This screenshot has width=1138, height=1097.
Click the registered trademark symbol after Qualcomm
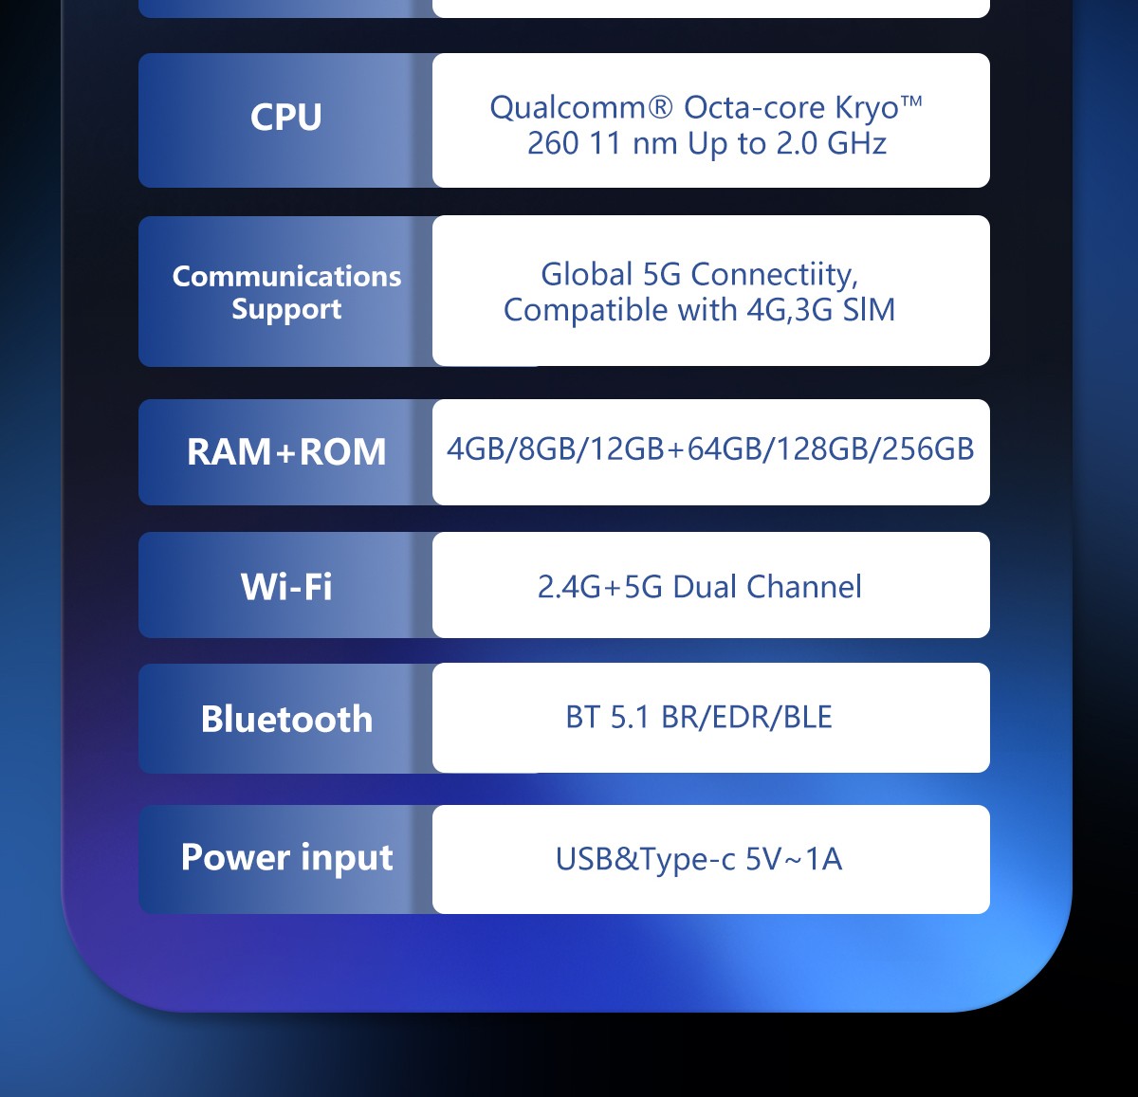click(x=660, y=107)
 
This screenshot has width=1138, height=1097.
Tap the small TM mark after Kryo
click(x=911, y=100)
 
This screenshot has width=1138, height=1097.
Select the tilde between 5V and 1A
click(x=793, y=860)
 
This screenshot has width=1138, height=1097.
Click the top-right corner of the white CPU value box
click(x=989, y=54)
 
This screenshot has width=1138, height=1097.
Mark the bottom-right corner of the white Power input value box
click(x=989, y=913)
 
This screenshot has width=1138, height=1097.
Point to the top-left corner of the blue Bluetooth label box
click(x=139, y=665)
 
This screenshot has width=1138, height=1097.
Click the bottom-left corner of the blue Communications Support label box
click(x=139, y=366)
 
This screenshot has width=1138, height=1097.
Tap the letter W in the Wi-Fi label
click(x=259, y=586)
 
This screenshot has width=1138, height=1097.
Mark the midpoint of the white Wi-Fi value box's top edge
click(x=710, y=532)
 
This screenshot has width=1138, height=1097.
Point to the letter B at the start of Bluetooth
click(x=211, y=719)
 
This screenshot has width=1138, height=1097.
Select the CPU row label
click(x=286, y=117)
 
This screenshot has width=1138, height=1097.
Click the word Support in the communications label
click(x=286, y=309)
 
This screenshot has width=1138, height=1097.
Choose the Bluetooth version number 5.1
click(x=630, y=717)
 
